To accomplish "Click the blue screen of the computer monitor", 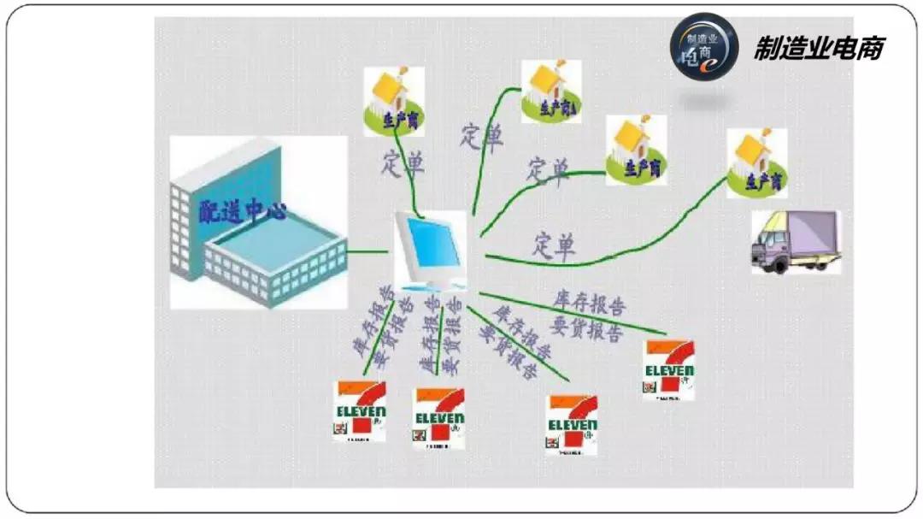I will tap(433, 244).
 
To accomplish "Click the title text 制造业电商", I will tap(818, 47).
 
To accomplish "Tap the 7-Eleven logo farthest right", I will tap(668, 369).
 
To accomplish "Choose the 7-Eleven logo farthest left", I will tap(360, 410).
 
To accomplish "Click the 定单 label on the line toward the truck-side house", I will tap(555, 246).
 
